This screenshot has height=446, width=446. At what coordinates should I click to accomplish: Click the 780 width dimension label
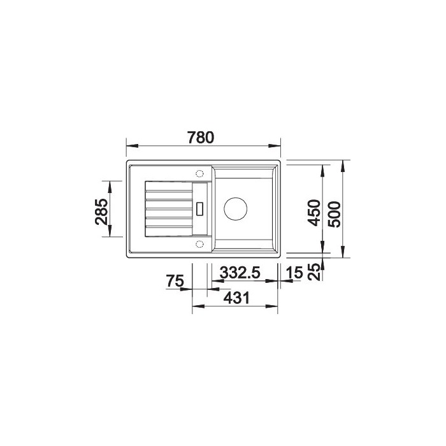[201, 138]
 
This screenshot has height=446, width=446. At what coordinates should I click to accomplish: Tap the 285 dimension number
[101, 212]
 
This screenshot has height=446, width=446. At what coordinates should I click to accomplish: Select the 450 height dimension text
[314, 213]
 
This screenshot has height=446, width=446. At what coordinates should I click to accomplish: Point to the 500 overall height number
[334, 214]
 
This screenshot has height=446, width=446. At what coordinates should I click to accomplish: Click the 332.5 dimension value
[240, 273]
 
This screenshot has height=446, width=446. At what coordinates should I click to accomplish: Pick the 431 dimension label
[236, 298]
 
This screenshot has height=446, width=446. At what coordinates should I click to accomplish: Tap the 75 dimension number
[175, 281]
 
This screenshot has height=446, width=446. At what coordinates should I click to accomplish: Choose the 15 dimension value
[294, 273]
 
